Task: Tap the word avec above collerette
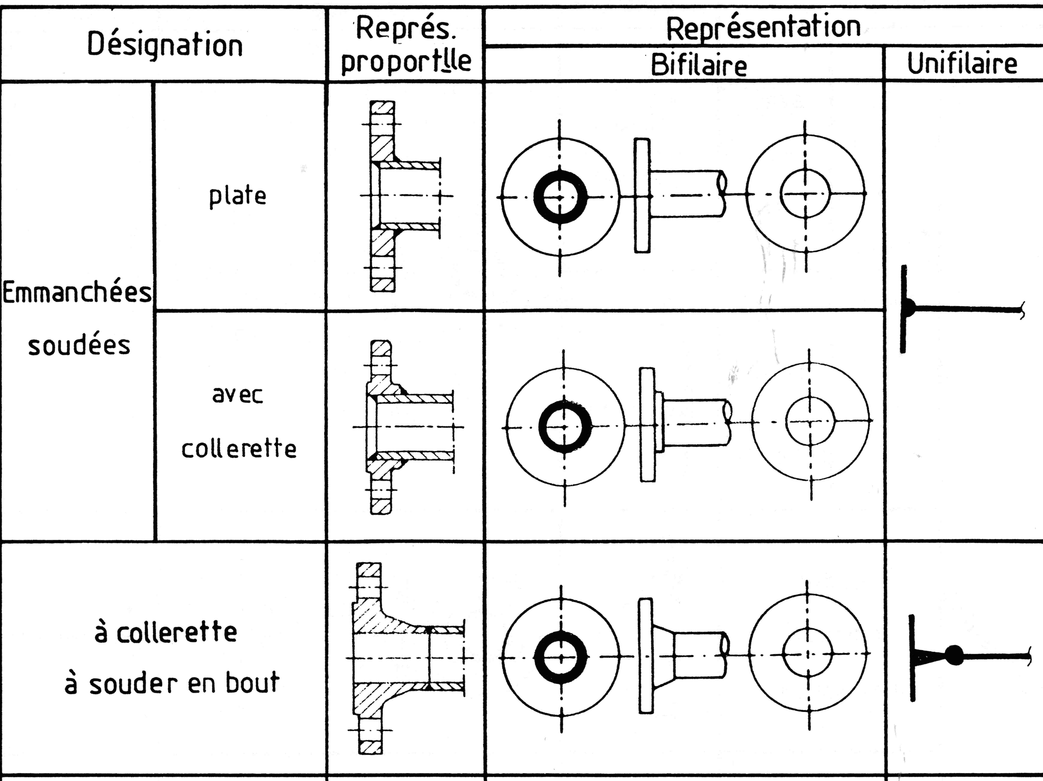tap(237, 395)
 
